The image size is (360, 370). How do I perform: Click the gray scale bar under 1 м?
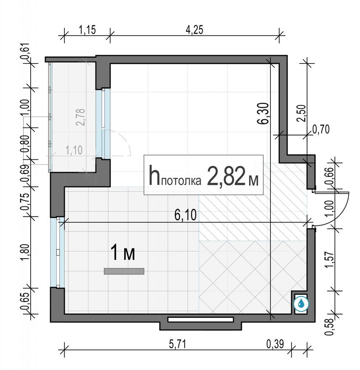pos(124,272)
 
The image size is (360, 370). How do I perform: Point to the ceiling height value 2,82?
pos(225,177)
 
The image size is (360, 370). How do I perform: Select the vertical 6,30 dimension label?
pos(264,114)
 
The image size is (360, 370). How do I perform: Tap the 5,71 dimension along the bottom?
pos(178,344)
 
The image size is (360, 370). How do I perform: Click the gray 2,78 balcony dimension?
pos(80,117)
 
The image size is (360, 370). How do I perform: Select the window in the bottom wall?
pos(201,320)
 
